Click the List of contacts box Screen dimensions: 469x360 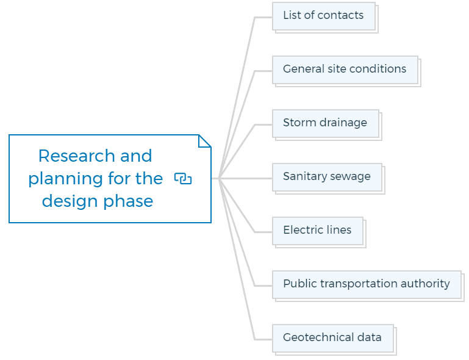point(325,17)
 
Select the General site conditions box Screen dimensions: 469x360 point(346,71)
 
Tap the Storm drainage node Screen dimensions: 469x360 point(327,125)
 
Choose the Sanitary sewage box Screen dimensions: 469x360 point(328,179)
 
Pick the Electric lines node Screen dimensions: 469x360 point(319,232)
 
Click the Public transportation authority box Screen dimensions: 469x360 point(368,286)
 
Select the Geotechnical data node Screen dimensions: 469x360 point(334,340)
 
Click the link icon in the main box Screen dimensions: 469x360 point(183,179)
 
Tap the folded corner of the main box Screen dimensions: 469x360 point(205,141)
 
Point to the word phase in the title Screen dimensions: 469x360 point(128,201)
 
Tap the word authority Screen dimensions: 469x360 point(425,284)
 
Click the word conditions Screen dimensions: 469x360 point(378,69)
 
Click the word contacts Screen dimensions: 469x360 point(340,15)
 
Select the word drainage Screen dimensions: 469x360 point(343,123)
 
